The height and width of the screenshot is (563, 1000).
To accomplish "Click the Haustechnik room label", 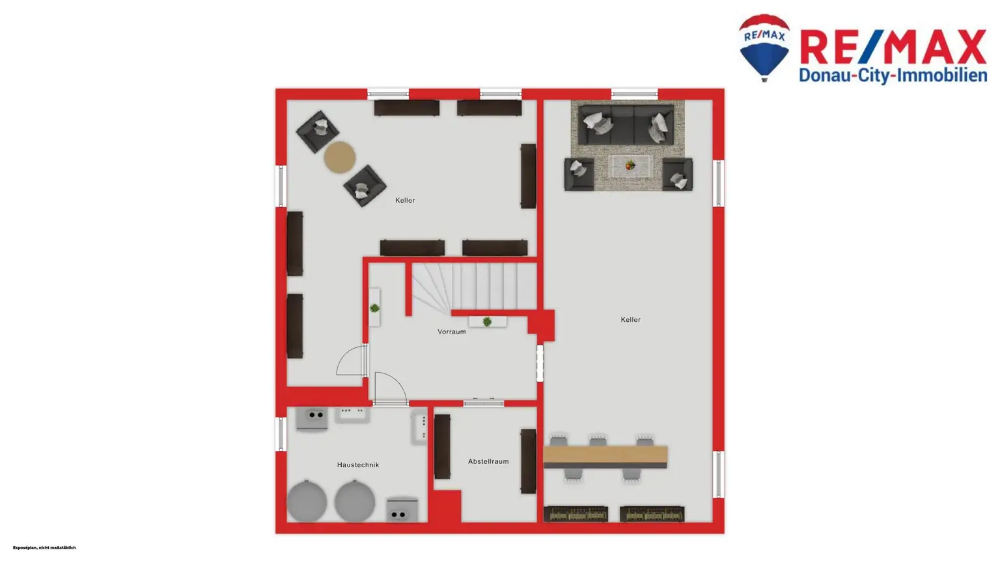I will pos(357,465).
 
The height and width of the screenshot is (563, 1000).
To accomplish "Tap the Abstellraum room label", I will pos(488,461).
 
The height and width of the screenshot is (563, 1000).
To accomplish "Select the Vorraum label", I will pos(451,332).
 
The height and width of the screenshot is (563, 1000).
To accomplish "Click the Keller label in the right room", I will pos(630,319).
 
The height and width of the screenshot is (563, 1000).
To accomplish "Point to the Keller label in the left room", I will pos(404,200).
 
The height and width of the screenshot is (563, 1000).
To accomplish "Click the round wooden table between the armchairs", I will pos(340,157).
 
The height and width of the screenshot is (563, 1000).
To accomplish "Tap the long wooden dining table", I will pos(605,455).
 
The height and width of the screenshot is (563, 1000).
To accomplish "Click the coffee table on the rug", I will pos(630,166).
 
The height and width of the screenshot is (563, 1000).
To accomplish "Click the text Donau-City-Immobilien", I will pos(893,76).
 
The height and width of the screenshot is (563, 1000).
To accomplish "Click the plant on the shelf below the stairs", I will pos(487,322).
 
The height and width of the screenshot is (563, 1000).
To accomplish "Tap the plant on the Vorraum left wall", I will pos(374,308).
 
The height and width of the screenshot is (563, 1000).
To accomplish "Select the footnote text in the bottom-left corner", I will pos(44,547).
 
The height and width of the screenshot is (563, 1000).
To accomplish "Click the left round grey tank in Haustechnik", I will pos(307,501).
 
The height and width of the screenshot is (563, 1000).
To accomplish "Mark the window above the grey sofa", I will pos(634,94).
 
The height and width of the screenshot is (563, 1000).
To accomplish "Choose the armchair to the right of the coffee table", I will pos(677,175).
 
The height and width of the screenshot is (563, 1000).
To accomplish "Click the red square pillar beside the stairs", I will pos(541,325).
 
